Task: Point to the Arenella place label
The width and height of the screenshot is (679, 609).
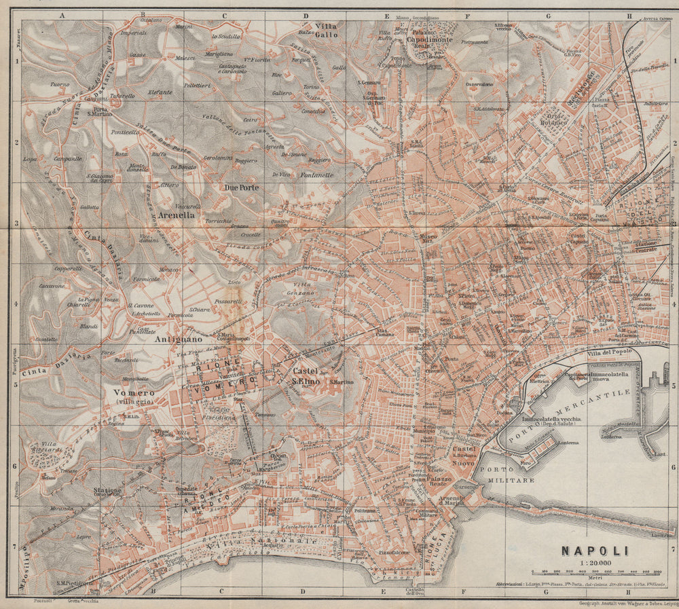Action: [x=177, y=215]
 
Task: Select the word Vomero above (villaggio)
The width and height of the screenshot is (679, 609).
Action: [x=130, y=392]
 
